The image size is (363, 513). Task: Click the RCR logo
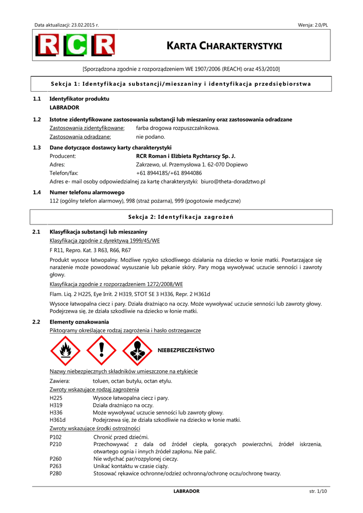75,46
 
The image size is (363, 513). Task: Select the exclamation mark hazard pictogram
101,350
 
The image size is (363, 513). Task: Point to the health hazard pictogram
137,350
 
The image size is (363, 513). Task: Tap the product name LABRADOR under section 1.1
64,107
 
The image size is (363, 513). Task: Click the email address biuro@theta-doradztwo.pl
233,181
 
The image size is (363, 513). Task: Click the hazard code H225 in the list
56,398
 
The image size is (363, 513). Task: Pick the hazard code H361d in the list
58,420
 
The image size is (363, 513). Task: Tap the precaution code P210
56,444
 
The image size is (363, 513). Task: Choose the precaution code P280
56,473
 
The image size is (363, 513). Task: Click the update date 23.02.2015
85,25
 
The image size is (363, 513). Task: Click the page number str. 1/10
318,491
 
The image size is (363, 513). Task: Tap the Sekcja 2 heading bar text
181,217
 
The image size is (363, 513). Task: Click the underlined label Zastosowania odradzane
80,137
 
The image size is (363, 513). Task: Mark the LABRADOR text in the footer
186,491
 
